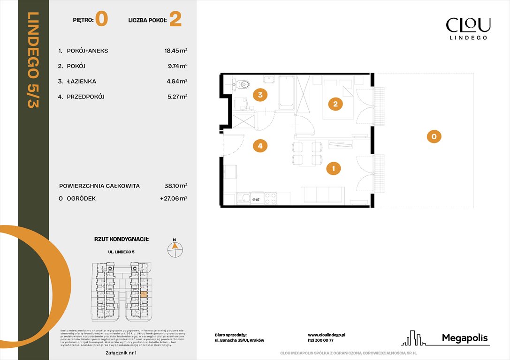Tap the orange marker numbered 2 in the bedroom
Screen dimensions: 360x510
click(x=335, y=104)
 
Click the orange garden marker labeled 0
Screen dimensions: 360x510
click(x=434, y=136)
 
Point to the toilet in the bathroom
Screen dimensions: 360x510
click(x=243, y=84)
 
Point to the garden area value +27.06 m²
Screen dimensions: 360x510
click(x=174, y=199)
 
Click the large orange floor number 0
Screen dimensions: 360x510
click(x=101, y=19)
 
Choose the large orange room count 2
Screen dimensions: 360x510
click(x=175, y=19)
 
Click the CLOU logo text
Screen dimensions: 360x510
click(x=468, y=24)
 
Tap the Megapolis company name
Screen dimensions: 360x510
click(x=465, y=338)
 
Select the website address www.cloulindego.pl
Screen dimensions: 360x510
click(x=327, y=335)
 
